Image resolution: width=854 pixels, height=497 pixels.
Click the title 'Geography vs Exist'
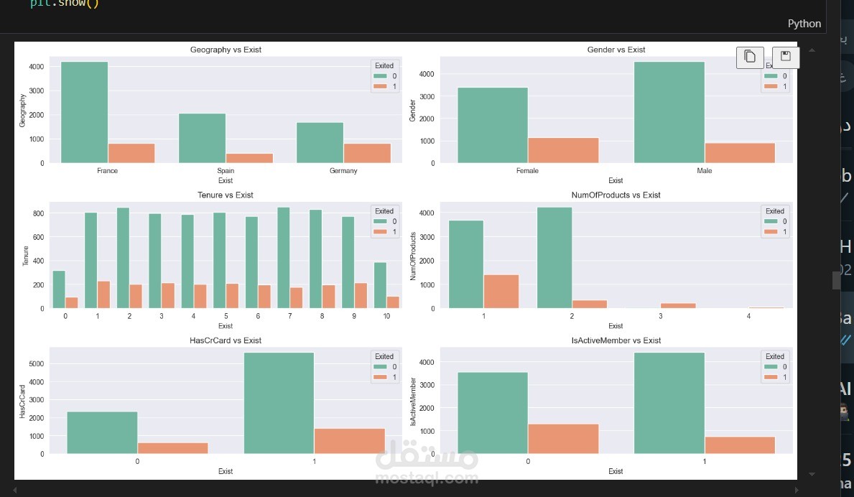click(x=226, y=50)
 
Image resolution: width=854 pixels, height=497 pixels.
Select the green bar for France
click(x=84, y=112)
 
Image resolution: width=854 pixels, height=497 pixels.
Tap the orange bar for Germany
click(x=368, y=153)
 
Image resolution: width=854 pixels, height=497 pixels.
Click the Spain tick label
click(x=226, y=171)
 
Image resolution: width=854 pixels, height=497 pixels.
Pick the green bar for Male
click(x=669, y=112)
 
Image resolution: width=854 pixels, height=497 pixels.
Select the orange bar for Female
click(x=563, y=150)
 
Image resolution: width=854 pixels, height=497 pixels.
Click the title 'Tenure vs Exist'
click(x=226, y=195)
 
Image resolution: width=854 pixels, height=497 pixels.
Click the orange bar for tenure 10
click(x=392, y=302)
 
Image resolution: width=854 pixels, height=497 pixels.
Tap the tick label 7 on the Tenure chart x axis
click(x=290, y=316)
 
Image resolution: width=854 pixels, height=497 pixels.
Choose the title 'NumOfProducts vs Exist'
click(x=616, y=195)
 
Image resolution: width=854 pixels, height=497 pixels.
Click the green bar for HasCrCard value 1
click(x=279, y=403)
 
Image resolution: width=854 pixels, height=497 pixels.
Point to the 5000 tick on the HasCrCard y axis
click(x=38, y=364)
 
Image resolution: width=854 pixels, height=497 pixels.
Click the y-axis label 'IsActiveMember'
click(x=413, y=401)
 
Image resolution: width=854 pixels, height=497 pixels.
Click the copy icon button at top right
click(x=750, y=57)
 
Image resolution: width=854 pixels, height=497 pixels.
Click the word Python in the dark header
click(x=804, y=24)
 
